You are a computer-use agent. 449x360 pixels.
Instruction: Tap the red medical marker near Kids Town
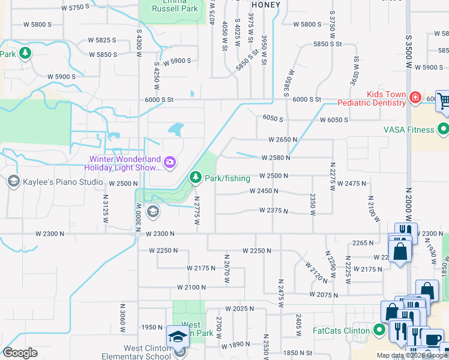point(415,97)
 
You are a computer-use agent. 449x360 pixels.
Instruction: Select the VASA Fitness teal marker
point(444,129)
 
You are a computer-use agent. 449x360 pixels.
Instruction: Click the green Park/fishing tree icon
point(195,177)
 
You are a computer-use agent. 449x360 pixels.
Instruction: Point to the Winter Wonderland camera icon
point(170,162)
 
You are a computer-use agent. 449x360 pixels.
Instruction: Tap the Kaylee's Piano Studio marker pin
point(13,181)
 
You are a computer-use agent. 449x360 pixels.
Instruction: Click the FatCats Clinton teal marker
point(379,329)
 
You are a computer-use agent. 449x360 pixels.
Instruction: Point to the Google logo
point(20,352)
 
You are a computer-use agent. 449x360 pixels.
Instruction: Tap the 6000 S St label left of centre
point(158,100)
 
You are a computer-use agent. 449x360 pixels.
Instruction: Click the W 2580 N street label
point(276,158)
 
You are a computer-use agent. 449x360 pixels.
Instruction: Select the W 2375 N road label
point(274,211)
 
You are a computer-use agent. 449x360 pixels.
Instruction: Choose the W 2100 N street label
point(191,287)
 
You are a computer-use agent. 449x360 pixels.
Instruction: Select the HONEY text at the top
point(266,4)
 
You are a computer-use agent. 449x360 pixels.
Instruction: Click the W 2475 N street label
point(352,183)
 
